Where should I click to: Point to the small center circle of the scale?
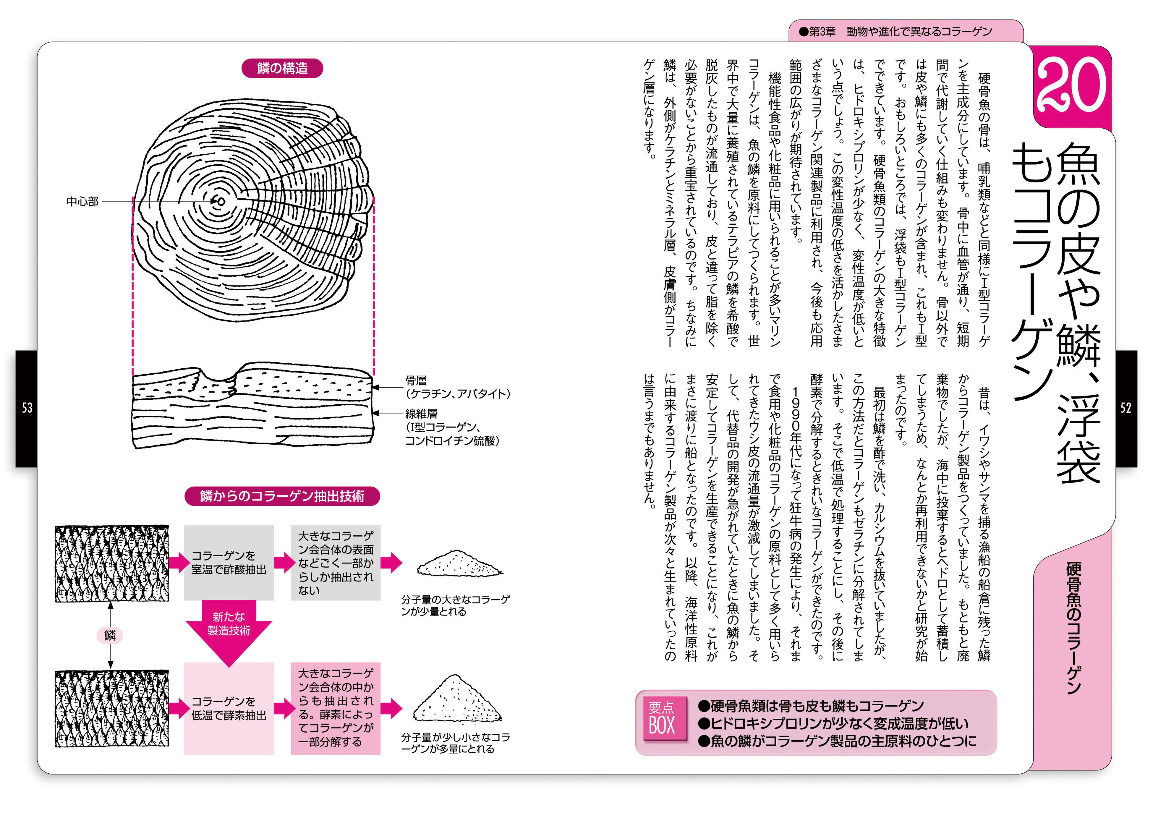221,202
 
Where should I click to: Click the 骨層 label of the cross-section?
416,380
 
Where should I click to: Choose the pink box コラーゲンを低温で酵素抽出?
229,708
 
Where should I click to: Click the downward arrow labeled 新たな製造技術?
229,630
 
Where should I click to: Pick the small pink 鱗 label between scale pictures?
110,635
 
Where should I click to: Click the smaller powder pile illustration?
458,564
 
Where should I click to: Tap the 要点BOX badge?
661,718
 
